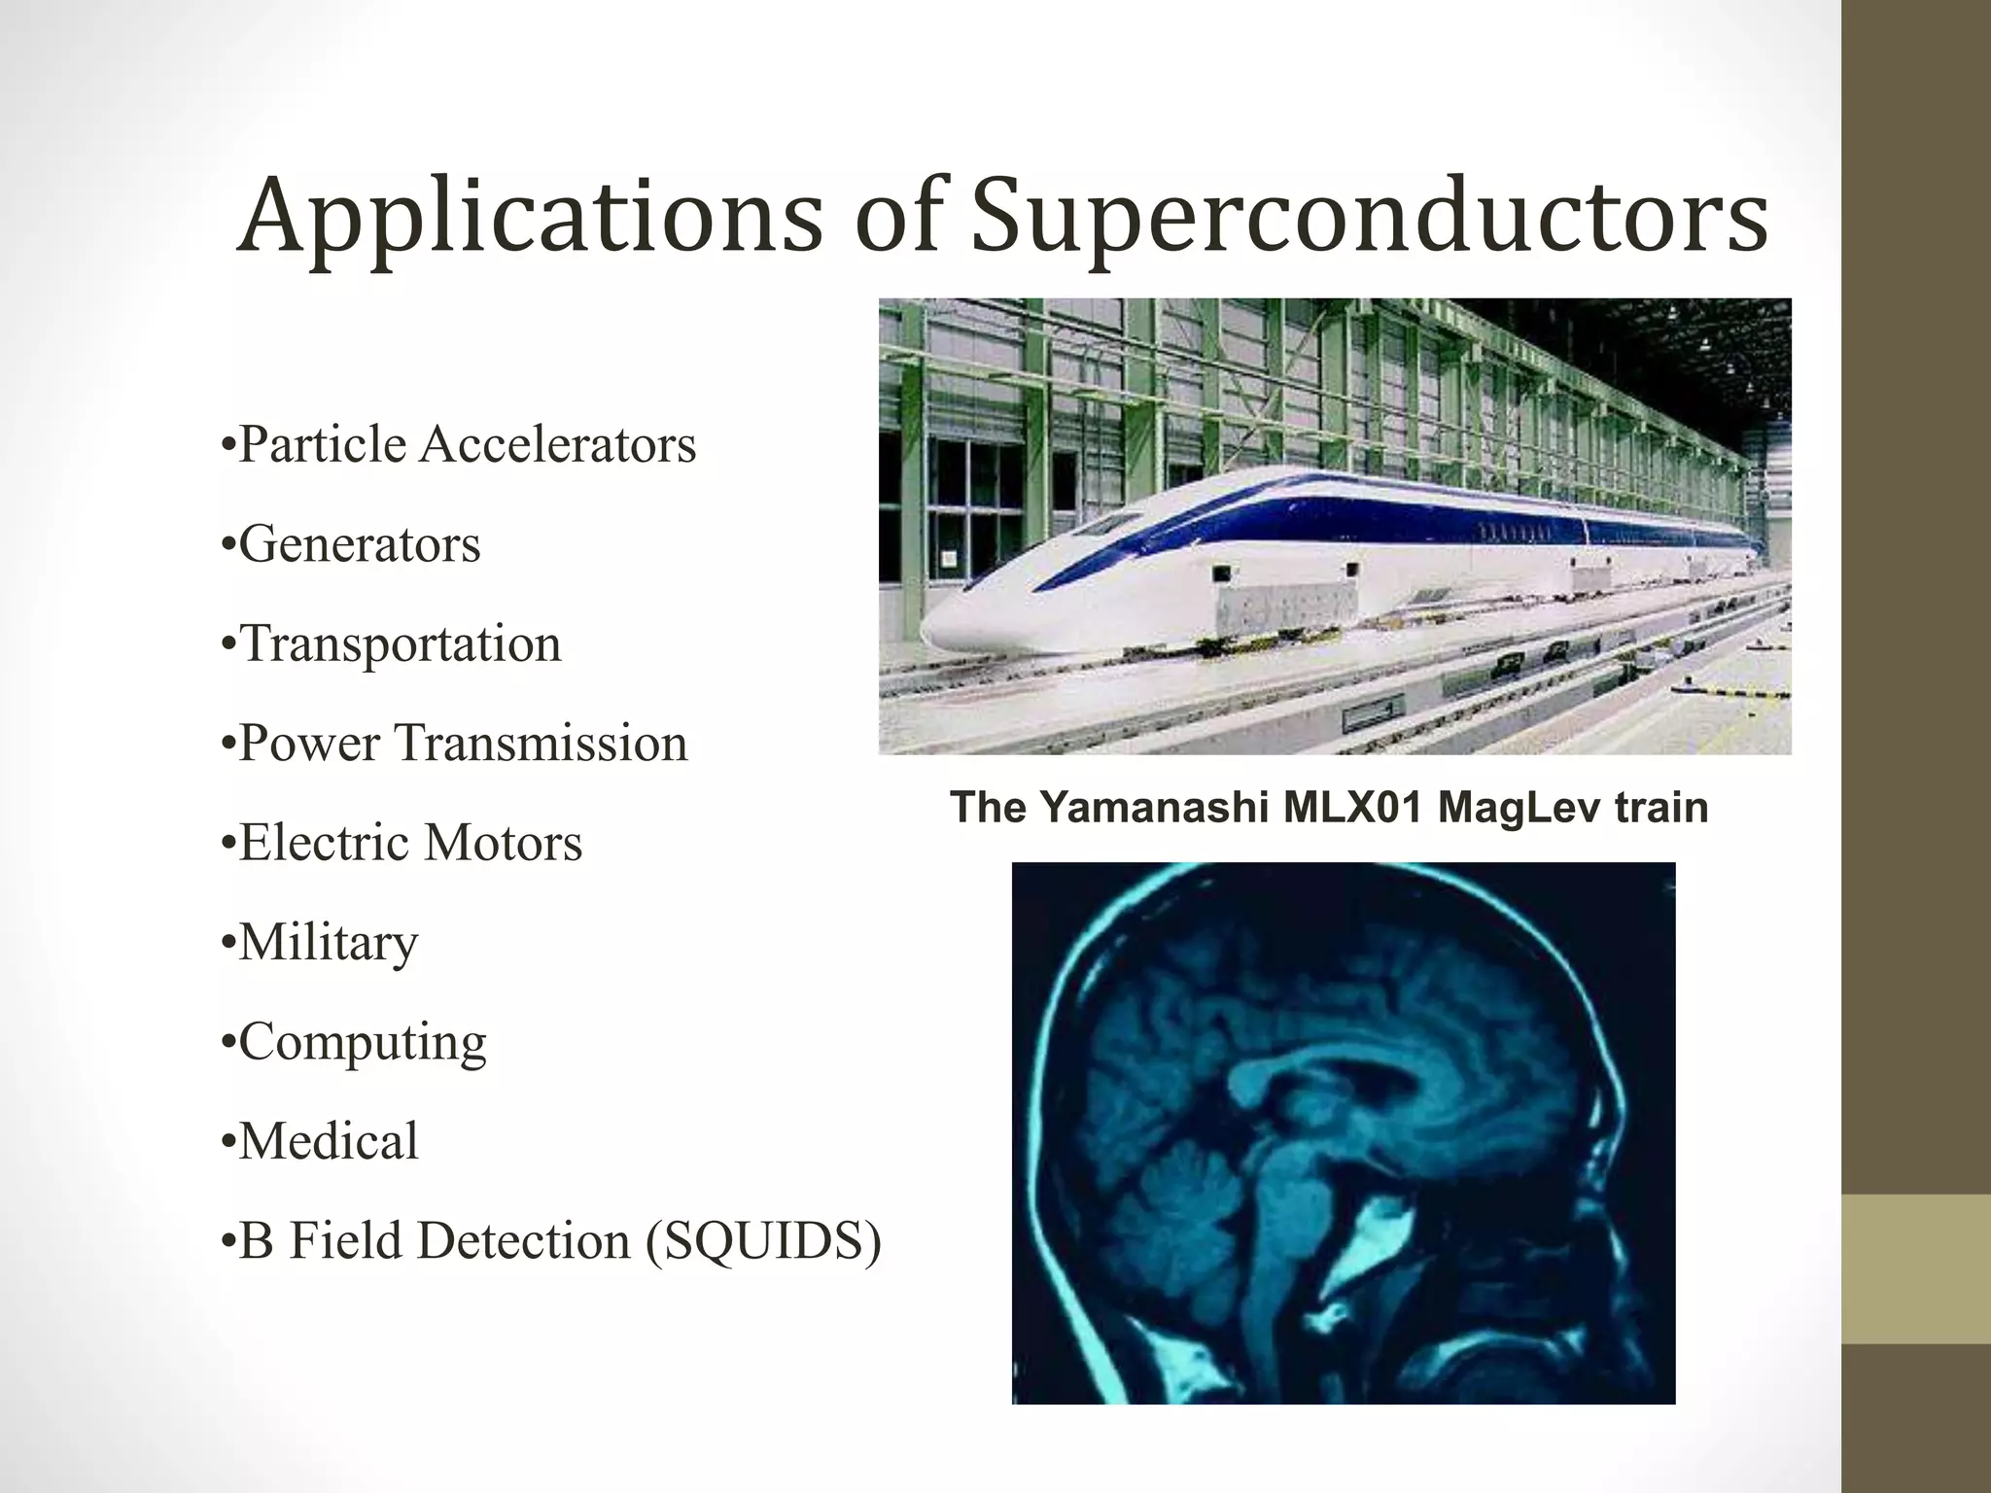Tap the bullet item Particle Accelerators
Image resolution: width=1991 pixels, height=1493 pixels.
point(458,445)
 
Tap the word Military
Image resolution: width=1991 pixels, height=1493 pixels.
point(329,942)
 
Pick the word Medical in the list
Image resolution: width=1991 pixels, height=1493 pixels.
point(329,1141)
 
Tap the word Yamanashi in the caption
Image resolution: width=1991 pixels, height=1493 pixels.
point(1153,808)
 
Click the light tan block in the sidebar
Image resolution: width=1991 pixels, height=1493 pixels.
point(1916,1268)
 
